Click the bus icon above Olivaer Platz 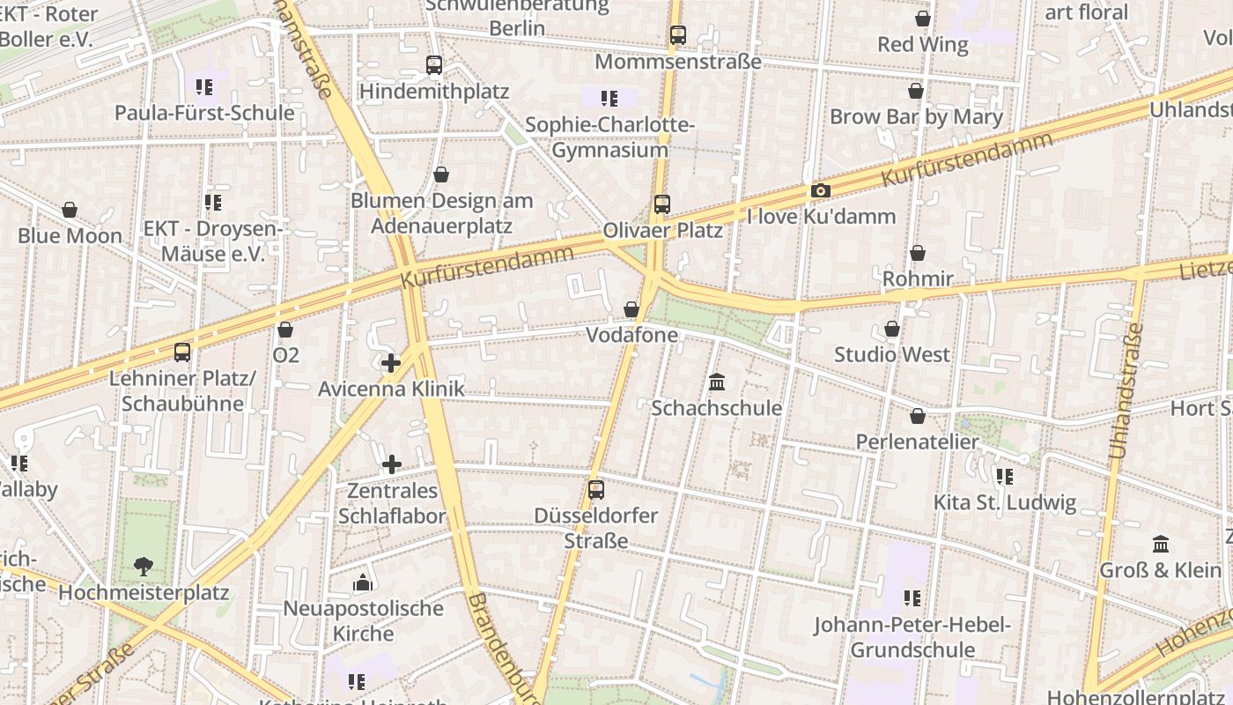point(662,204)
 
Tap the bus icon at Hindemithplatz point(433,65)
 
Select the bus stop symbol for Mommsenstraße point(677,35)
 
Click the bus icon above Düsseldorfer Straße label point(596,490)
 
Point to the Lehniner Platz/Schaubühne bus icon point(182,352)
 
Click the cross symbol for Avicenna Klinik point(391,362)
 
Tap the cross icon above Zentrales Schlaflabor point(392,464)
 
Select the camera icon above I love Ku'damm point(820,191)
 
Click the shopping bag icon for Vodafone point(631,309)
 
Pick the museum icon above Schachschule point(717,382)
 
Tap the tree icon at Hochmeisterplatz point(143,567)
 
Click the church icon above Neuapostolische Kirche point(363,583)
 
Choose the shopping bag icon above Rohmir point(918,254)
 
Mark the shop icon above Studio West point(892,330)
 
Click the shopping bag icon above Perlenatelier point(918,416)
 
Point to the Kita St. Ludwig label point(1004,503)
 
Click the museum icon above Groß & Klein point(1161,544)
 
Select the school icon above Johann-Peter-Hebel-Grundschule point(912,598)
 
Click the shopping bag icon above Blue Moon point(70,210)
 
